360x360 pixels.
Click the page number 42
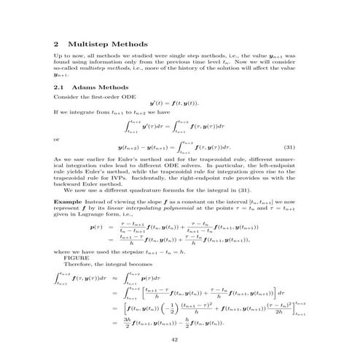coord(180,340)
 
